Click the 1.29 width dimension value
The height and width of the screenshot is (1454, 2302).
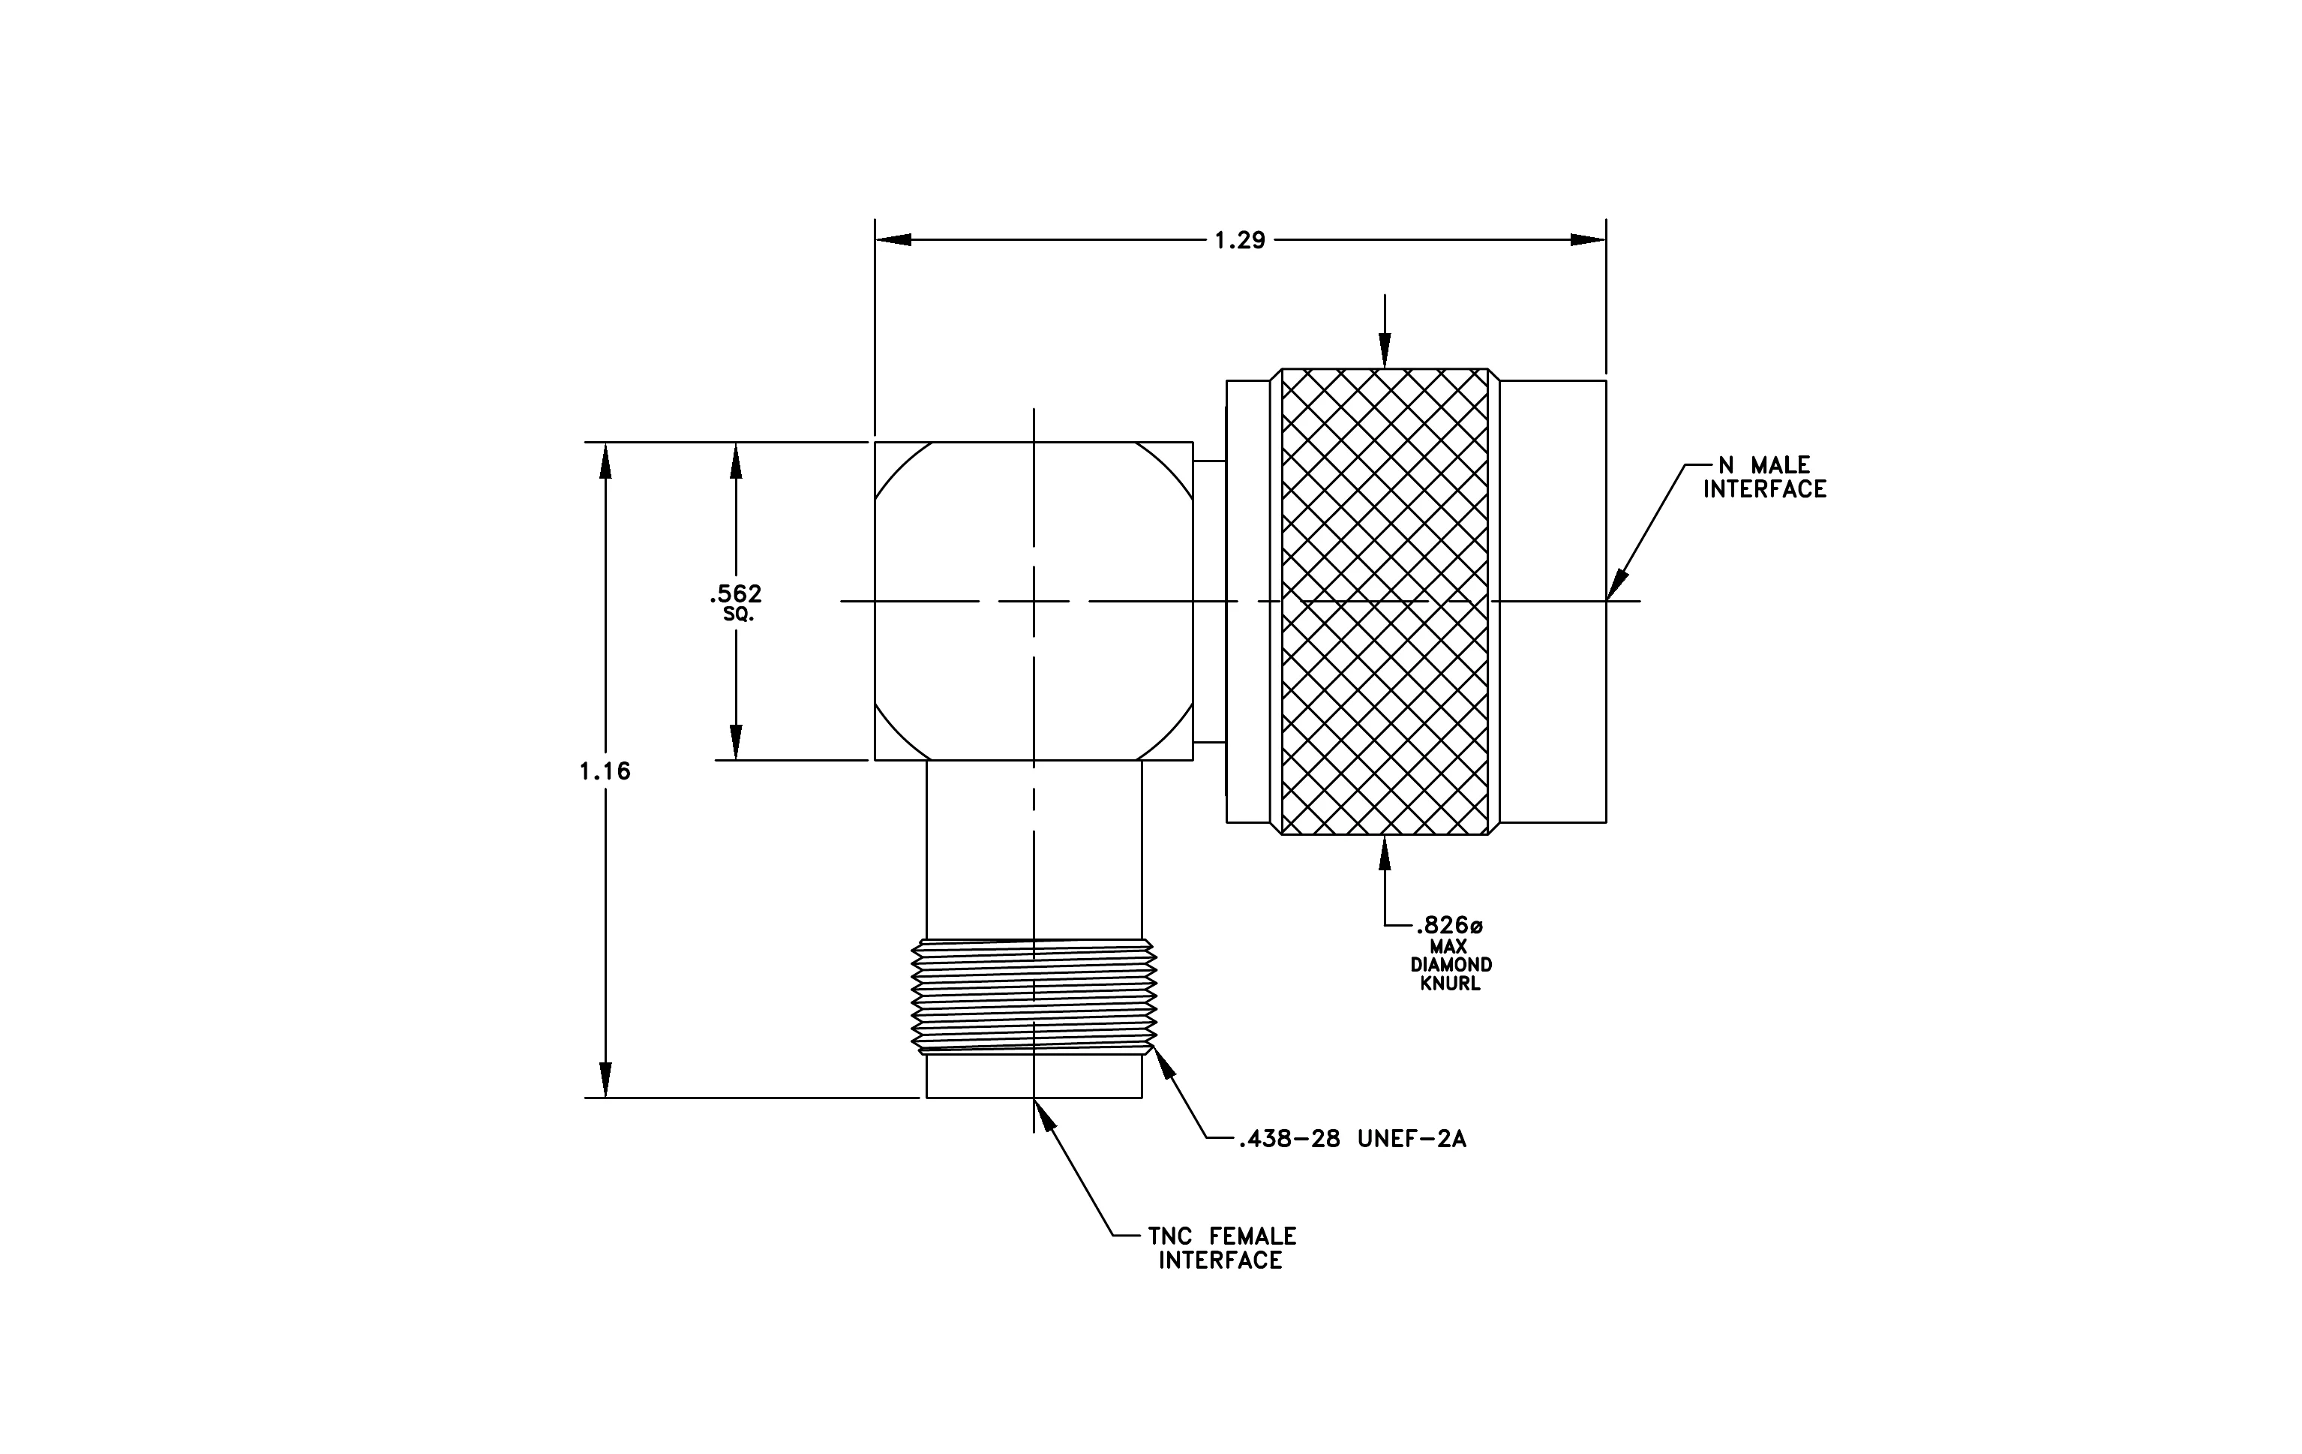pos(1240,241)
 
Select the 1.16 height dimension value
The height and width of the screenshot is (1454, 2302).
pos(605,771)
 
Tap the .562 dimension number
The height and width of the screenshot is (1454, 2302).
pos(736,595)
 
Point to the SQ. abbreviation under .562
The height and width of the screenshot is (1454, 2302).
pos(738,614)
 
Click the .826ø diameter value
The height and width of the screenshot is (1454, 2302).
pos(1449,925)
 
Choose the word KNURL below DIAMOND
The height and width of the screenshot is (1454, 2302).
pos(1450,984)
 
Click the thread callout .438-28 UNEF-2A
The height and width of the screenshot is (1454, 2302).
pos(1352,1139)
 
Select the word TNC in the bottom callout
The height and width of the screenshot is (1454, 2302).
pos(1169,1236)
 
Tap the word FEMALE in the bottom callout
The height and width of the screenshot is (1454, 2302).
pos(1253,1236)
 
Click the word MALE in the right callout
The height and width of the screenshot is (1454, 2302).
pos(1780,466)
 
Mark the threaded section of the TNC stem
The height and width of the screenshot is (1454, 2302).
pos(1034,996)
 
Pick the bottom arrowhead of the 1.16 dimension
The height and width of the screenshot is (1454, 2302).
pos(605,1080)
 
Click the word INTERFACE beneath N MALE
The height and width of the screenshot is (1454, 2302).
pos(1765,489)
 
